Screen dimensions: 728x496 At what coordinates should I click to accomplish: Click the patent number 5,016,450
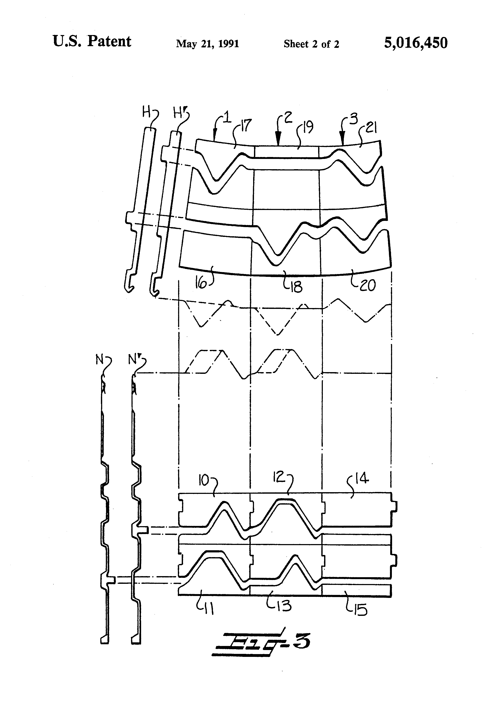click(x=416, y=43)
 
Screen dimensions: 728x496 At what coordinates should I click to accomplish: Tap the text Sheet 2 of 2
click(x=311, y=44)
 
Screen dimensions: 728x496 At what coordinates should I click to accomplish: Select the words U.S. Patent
click(x=92, y=42)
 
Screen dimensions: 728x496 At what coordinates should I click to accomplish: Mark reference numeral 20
click(x=368, y=285)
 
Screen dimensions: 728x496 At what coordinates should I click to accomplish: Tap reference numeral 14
click(x=362, y=479)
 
